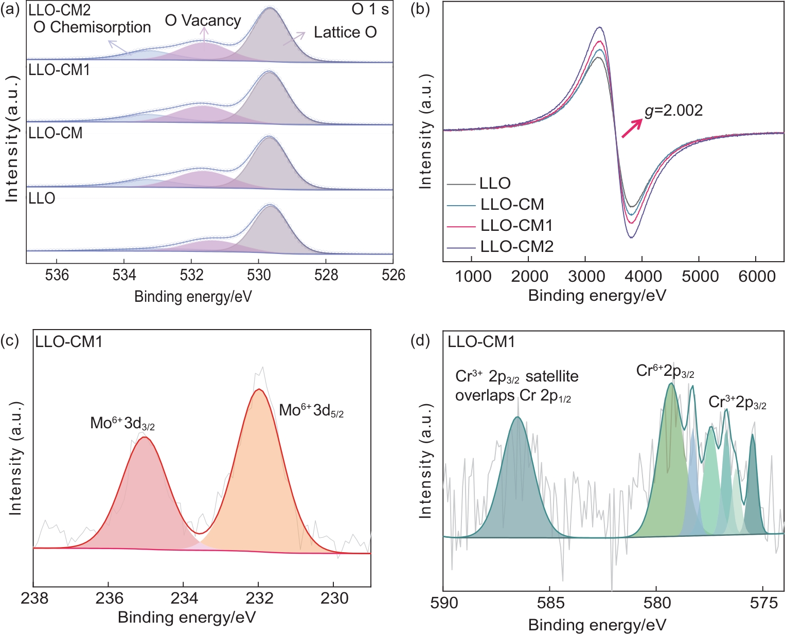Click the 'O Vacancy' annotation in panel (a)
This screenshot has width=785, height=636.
pyautogui.click(x=203, y=21)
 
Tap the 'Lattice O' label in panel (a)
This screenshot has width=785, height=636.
pyautogui.click(x=345, y=32)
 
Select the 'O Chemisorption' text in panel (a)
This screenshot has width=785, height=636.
pyautogui.click(x=92, y=27)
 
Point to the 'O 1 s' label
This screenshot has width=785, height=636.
pyautogui.click(x=370, y=9)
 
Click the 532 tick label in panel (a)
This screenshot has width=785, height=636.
pyautogui.click(x=191, y=275)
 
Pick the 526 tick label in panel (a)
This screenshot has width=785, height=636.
pyautogui.click(x=393, y=275)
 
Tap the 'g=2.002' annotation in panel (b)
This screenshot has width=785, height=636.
pyautogui.click(x=673, y=111)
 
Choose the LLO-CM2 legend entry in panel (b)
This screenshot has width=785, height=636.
pyautogui.click(x=516, y=247)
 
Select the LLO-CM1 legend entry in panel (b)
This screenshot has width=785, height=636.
pyautogui.click(x=516, y=225)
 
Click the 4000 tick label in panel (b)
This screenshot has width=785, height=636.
pyautogui.click(x=642, y=276)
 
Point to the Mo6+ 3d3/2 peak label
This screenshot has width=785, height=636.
pyautogui.click(x=122, y=423)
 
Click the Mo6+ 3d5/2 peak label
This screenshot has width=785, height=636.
pyautogui.click(x=311, y=410)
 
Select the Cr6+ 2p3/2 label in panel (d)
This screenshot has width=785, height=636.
pyautogui.click(x=665, y=371)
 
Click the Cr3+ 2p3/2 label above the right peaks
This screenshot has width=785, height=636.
pyautogui.click(x=737, y=402)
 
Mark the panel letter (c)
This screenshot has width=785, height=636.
pyautogui.click(x=10, y=341)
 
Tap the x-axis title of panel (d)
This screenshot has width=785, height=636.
pyautogui.click(x=597, y=625)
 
